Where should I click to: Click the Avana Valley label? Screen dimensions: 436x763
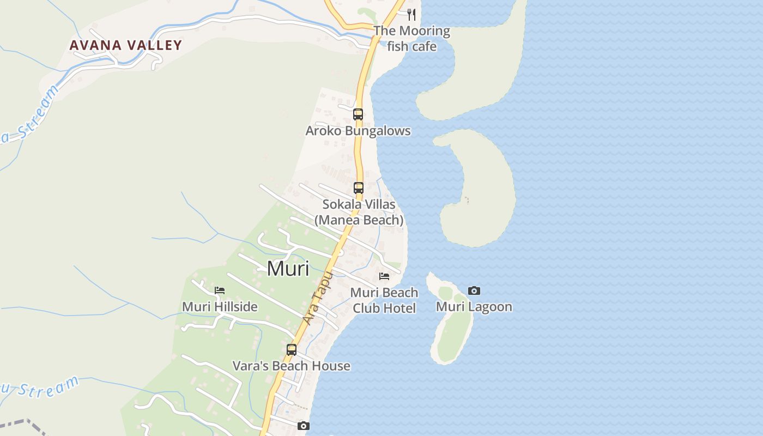point(125,45)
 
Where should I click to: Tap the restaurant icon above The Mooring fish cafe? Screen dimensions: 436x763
point(411,15)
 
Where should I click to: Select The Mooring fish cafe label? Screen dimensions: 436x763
point(411,38)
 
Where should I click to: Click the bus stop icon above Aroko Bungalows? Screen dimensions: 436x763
point(358,114)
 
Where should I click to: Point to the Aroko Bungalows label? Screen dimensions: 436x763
point(358,131)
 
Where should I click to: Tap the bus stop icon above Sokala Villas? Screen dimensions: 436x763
point(359,188)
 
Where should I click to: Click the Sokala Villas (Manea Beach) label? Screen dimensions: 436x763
point(359,212)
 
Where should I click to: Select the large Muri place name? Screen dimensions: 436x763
point(288,269)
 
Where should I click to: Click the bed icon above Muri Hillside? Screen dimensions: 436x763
point(220,290)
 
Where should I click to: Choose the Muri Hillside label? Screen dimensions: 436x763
point(220,307)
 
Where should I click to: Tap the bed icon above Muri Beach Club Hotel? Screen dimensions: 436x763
point(384,276)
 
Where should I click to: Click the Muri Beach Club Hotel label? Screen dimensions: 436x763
point(384,300)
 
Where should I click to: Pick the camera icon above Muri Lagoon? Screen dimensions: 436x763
point(474,291)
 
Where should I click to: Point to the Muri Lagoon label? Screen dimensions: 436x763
point(474,307)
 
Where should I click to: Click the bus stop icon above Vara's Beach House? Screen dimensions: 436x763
point(292,350)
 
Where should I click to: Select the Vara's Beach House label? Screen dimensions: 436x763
point(292,366)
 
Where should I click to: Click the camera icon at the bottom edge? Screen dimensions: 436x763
point(304,426)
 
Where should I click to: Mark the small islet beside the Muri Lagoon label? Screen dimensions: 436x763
point(451,327)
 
